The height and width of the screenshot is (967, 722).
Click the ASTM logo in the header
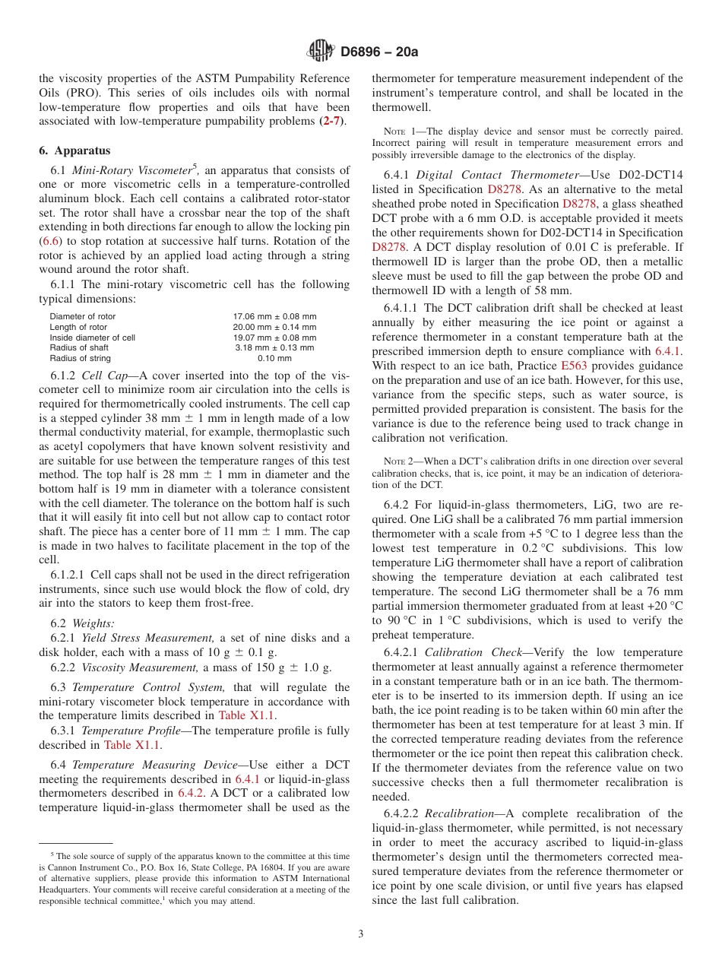[x=320, y=51]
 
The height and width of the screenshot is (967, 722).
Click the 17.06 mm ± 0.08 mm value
[x=274, y=316]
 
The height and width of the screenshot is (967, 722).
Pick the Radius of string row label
[x=80, y=358]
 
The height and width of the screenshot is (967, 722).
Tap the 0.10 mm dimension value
[x=274, y=358]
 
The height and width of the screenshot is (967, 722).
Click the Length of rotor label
[x=78, y=327]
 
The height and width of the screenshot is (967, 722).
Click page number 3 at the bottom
[x=361, y=934]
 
